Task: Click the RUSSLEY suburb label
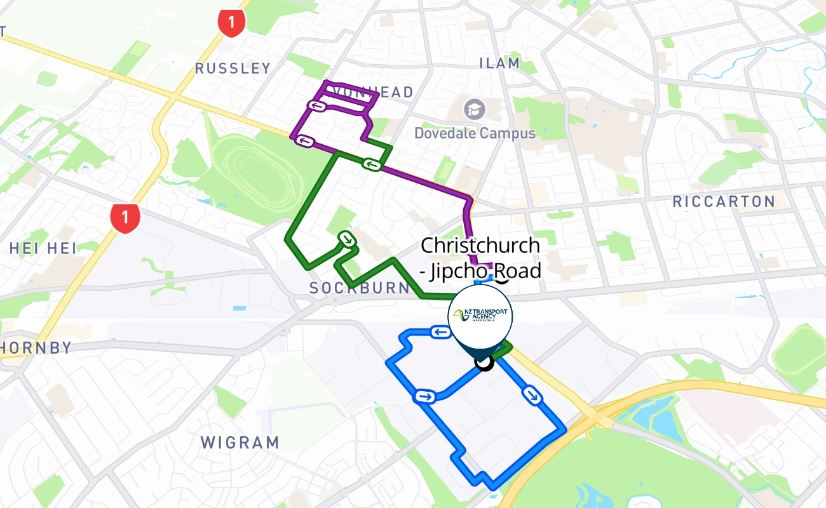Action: point(233,68)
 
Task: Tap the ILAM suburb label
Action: point(499,63)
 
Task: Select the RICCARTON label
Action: point(724,202)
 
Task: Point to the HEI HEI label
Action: point(43,248)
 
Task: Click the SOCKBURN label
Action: point(360,288)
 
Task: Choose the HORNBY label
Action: point(36,348)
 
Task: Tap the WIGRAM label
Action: point(240,443)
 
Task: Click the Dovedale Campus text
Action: point(475,133)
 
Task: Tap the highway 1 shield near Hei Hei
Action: point(125,218)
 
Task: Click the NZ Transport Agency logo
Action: point(480,314)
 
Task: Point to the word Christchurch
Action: point(480,245)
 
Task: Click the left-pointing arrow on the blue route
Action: point(440,331)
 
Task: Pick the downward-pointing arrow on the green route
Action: point(347,239)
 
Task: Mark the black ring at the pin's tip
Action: point(484,363)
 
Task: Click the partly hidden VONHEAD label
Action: point(374,92)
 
